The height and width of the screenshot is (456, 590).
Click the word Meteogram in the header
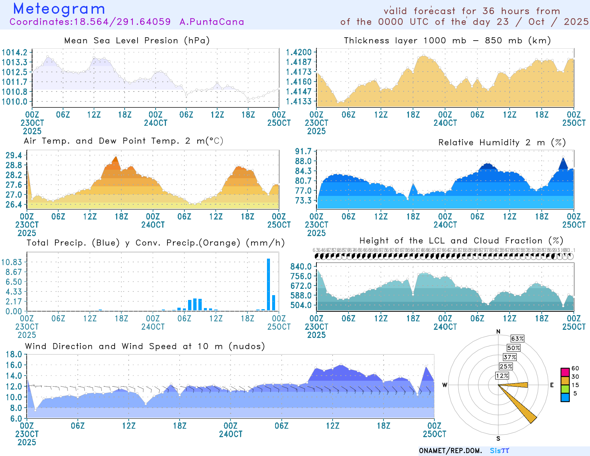pyautogui.click(x=59, y=9)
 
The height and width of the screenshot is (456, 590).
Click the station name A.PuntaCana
pyautogui.click(x=212, y=22)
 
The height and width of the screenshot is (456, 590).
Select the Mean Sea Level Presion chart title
pyautogui.click(x=137, y=40)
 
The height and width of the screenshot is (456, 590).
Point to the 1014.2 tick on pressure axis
pyautogui.click(x=14, y=52)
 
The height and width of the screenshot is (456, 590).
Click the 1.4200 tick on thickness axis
pyautogui.click(x=299, y=52)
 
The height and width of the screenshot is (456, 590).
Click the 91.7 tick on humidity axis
pyautogui.click(x=303, y=151)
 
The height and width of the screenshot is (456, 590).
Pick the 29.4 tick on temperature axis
pyautogui.click(x=14, y=155)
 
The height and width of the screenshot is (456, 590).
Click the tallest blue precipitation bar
pyautogui.click(x=268, y=284)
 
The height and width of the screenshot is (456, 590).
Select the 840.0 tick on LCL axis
pyautogui.click(x=301, y=266)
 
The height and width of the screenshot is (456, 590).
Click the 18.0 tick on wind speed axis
pyautogui.click(x=14, y=355)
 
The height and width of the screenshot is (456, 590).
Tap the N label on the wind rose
pyautogui.click(x=498, y=331)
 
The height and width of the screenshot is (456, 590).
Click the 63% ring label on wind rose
pyautogui.click(x=517, y=339)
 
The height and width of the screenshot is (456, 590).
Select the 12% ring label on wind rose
pyautogui.click(x=502, y=376)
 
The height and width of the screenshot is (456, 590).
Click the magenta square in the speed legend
pyautogui.click(x=565, y=372)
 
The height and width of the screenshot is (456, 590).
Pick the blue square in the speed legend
pyautogui.click(x=565, y=397)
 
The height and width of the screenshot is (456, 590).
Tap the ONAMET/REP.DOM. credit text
pyautogui.click(x=450, y=451)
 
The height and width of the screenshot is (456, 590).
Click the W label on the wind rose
pyautogui.click(x=445, y=385)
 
